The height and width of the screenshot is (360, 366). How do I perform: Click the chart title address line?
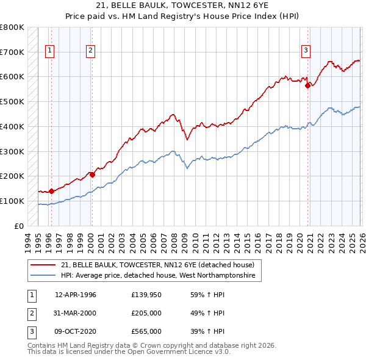tap(182, 6)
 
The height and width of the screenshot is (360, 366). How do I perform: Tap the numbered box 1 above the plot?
tap(49, 51)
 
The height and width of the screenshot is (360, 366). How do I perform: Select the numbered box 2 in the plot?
tap(90, 51)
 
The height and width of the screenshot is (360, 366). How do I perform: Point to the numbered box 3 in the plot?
tap(306, 51)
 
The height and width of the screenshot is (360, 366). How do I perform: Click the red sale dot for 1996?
tap(51, 191)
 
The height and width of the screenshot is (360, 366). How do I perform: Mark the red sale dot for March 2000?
tap(92, 175)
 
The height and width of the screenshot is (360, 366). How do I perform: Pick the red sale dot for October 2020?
tap(308, 86)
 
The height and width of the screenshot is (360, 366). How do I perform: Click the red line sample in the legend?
tap(43, 265)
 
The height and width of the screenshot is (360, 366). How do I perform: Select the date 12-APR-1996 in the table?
tap(76, 295)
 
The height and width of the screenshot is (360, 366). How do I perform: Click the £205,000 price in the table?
tap(146, 313)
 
